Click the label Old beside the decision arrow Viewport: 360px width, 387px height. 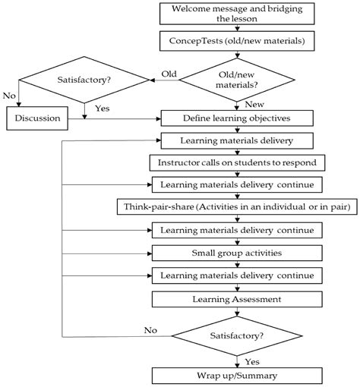[x=169, y=73]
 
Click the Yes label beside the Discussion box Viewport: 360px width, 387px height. [x=101, y=109]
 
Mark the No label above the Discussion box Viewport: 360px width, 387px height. [x=9, y=96]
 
